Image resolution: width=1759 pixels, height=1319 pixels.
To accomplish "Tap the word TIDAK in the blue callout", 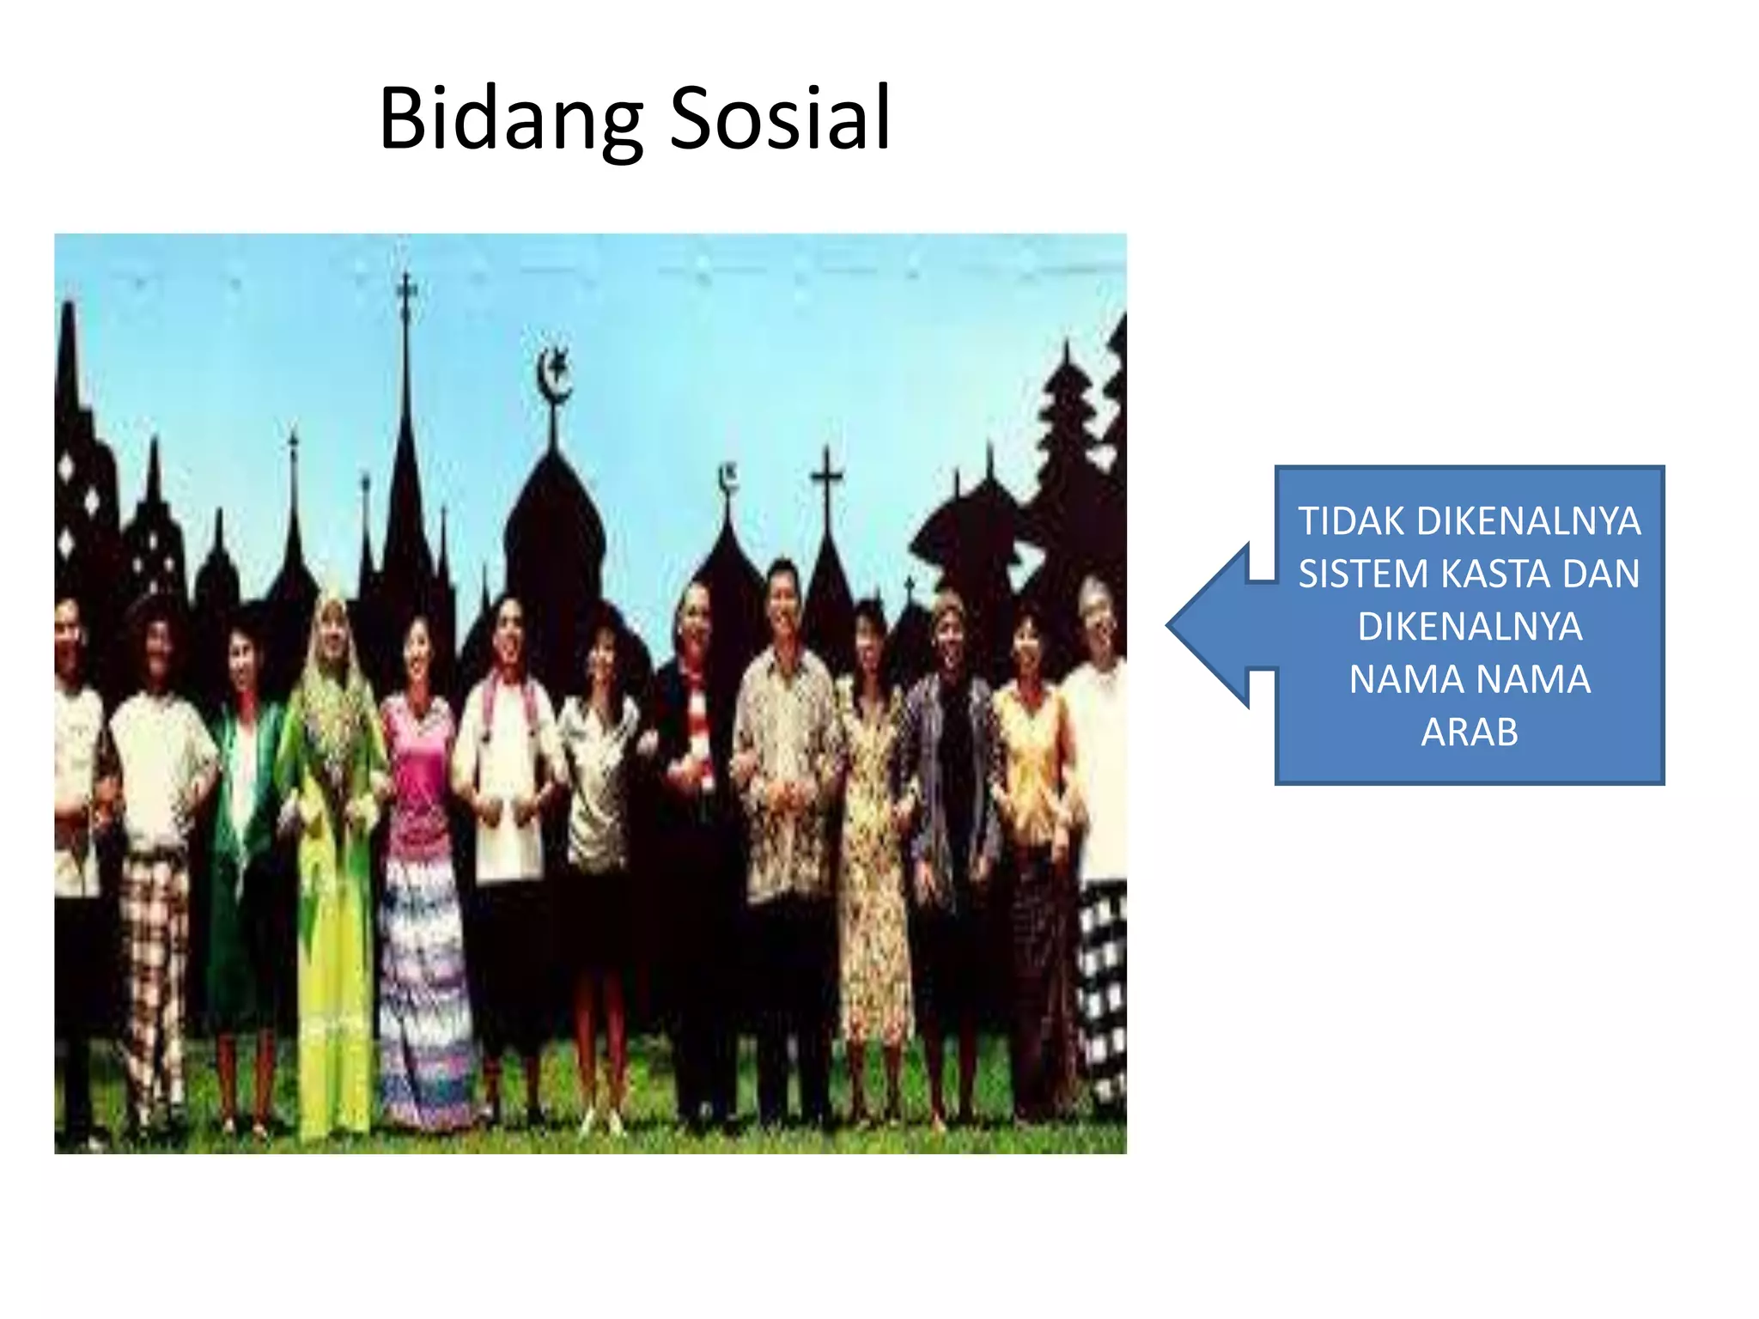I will click(x=1351, y=521).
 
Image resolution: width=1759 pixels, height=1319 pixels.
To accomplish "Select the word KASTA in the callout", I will click(x=1497, y=574).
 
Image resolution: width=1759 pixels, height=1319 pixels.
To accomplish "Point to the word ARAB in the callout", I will click(x=1470, y=732).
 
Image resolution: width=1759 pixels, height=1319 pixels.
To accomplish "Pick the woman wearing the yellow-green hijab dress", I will click(x=333, y=816).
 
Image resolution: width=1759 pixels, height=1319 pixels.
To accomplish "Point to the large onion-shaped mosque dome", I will click(x=555, y=532).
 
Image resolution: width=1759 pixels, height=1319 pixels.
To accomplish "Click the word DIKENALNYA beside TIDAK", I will click(x=1528, y=521).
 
